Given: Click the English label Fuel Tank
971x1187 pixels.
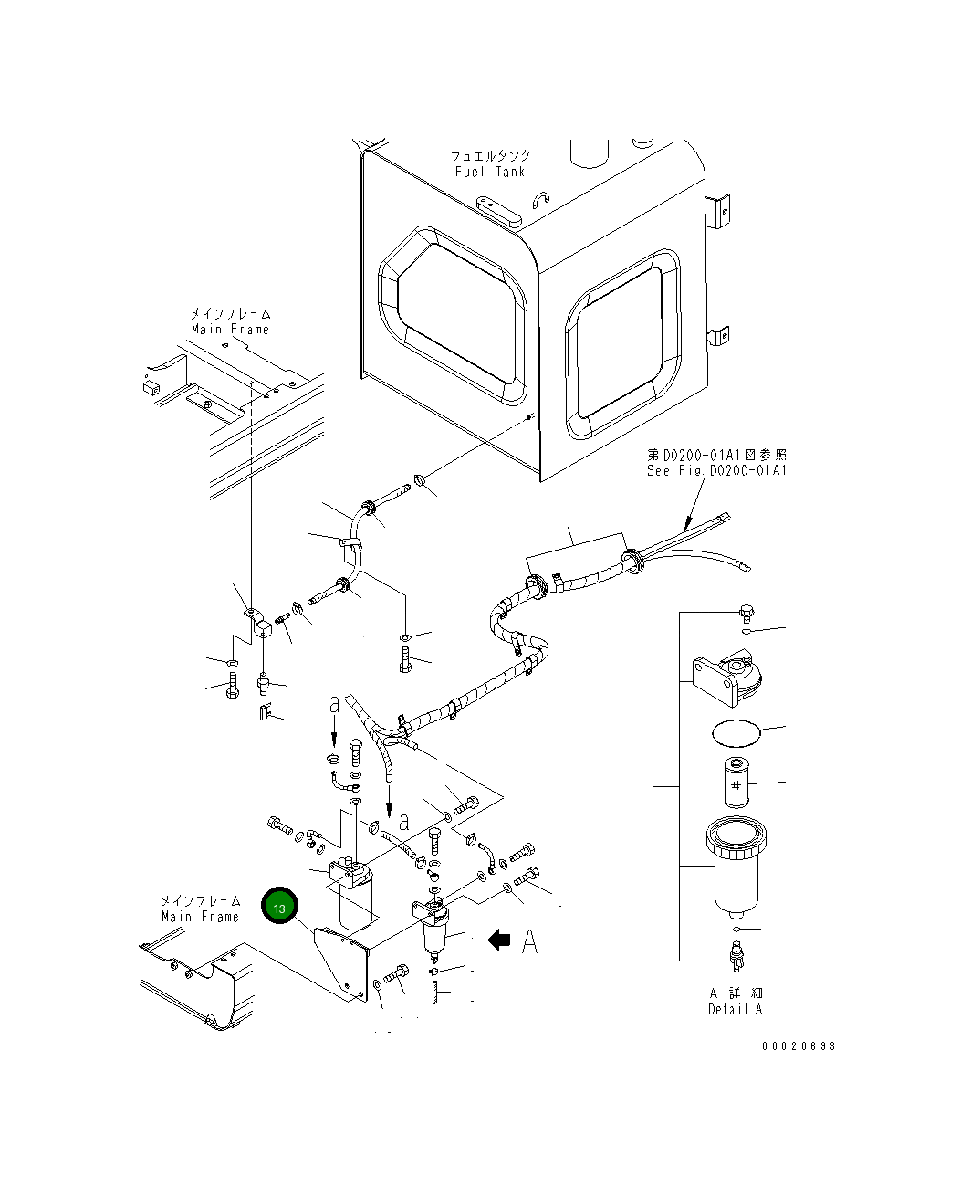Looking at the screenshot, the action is pos(490,172).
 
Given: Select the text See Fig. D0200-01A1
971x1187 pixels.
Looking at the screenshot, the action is pos(716,470).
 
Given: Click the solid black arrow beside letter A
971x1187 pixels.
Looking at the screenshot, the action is pos(498,940).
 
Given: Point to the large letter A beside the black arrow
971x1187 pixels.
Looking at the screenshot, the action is pos(529,941).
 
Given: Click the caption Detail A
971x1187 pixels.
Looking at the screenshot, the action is pos(736,1009).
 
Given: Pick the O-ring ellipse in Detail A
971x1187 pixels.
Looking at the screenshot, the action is pos(736,733).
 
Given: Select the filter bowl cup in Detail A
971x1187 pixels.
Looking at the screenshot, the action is pos(736,867).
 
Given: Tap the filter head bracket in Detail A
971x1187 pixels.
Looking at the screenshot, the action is pos(726,678).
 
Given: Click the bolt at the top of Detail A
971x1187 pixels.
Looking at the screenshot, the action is pos(747,612).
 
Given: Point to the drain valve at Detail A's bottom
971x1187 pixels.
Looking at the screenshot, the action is pos(736,956).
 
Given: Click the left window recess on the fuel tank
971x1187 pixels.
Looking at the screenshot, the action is pos(453,315).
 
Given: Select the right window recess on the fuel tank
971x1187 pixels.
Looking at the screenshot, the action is pos(622,343).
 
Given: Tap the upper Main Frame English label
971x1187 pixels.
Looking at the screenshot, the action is pos(230,330).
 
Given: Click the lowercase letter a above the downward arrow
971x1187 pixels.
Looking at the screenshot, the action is pos(335,704).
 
